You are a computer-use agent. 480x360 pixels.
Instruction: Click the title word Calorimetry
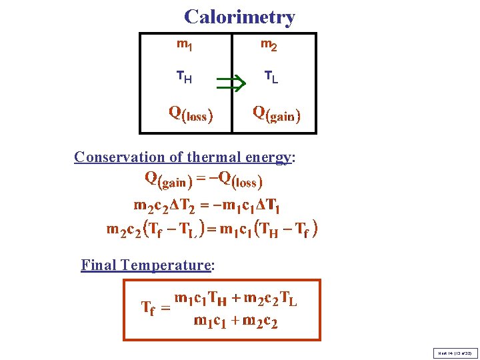pos(239,17)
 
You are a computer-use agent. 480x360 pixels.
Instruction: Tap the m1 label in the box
pos(185,45)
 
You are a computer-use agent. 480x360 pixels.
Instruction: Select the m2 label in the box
pos(269,45)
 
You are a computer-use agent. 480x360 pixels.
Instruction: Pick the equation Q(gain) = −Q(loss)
pos(203,179)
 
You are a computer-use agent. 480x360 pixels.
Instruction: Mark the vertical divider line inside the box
pos(229,83)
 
